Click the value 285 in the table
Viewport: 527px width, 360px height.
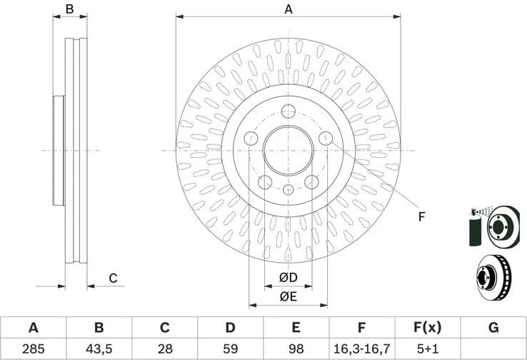(33, 350)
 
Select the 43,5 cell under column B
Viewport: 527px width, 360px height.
(99, 350)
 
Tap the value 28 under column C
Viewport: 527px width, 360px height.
(164, 350)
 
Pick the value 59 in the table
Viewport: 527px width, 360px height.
(230, 350)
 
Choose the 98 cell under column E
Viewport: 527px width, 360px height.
(296, 350)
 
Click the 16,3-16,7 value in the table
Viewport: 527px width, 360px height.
(361, 350)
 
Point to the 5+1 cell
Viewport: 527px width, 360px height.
(427, 350)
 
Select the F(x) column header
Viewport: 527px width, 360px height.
(427, 328)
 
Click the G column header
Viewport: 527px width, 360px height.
(493, 328)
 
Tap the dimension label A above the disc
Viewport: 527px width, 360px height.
(288, 9)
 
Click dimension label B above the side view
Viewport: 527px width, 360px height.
(70, 9)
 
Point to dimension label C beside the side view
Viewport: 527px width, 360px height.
(112, 278)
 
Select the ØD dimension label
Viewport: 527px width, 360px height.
(288, 277)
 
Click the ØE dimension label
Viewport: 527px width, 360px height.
(288, 296)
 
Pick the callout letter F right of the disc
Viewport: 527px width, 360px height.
(421, 216)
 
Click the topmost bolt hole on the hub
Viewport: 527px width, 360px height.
(288, 111)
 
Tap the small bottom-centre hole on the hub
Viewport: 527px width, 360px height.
(288, 189)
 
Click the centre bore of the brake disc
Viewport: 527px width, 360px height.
(288, 151)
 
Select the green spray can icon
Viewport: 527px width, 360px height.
(476, 227)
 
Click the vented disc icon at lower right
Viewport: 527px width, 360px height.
(493, 278)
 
